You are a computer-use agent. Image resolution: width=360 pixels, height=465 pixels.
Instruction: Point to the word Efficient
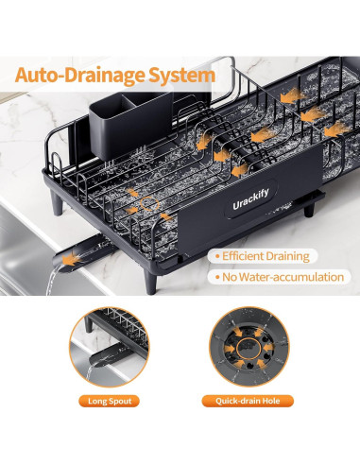[x=249, y=256]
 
